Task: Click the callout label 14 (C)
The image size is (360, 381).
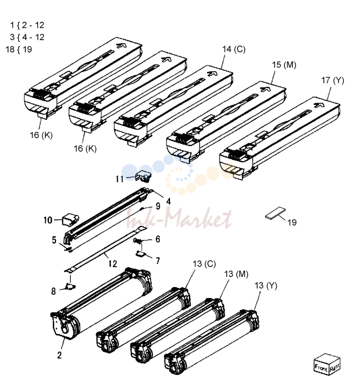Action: pyautogui.click(x=234, y=49)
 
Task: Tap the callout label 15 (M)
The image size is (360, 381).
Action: pyautogui.click(x=284, y=65)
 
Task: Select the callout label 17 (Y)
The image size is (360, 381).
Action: pyautogui.click(x=333, y=80)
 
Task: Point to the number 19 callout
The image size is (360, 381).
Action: pyautogui.click(x=292, y=222)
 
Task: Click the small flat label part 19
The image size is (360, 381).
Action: pyautogui.click(x=275, y=213)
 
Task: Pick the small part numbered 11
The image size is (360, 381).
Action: pyautogui.click(x=144, y=176)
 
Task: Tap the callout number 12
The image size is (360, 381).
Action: pyautogui.click(x=113, y=264)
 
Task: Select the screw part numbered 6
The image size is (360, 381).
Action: pyautogui.click(x=138, y=241)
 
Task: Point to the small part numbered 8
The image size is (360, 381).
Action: pyautogui.click(x=70, y=286)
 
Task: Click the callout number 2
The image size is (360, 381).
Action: pyautogui.click(x=60, y=355)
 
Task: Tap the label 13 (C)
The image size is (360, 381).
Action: pyautogui.click(x=204, y=264)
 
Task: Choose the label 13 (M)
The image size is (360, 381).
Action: pyautogui.click(x=236, y=274)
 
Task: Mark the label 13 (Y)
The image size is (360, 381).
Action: pyautogui.click(x=266, y=286)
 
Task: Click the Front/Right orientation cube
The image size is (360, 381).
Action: pyautogui.click(x=327, y=364)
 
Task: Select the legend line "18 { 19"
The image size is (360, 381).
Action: pyautogui.click(x=19, y=49)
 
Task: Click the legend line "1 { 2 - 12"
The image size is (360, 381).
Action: pyautogui.click(x=27, y=25)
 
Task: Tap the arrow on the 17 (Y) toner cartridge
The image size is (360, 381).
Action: pyautogui.click(x=319, y=104)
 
